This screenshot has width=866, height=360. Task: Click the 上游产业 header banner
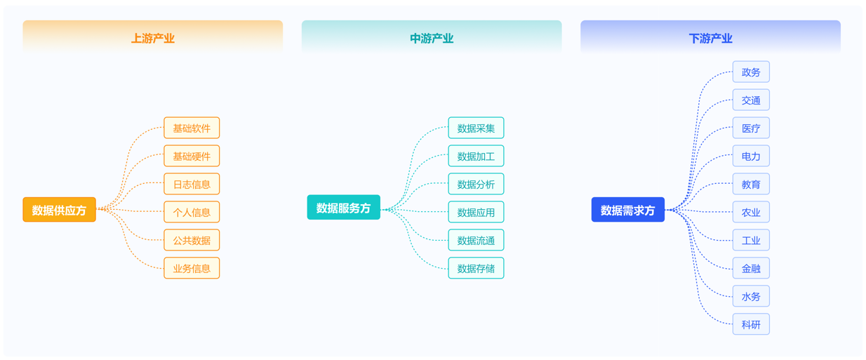152,38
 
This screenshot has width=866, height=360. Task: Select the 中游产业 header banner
431,38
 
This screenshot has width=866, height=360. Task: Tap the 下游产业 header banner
710,38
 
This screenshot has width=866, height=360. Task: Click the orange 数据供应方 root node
60,210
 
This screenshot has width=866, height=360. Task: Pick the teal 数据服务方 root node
344,208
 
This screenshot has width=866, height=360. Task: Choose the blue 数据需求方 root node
628,210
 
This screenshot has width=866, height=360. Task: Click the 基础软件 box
192,128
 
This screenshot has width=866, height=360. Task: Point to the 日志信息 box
192,184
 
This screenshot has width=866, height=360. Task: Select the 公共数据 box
192,240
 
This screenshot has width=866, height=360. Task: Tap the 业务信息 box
192,268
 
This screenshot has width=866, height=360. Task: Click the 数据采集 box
476,128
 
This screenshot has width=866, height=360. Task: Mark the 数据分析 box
476,184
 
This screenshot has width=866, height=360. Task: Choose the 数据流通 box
476,240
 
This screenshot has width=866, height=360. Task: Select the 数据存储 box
476,268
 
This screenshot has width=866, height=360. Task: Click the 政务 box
751,72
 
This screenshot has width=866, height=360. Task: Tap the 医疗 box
751,128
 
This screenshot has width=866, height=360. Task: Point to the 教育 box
751,184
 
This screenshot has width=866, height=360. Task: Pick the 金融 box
751,268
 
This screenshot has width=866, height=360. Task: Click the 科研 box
751,324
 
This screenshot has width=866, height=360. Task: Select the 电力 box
751,156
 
